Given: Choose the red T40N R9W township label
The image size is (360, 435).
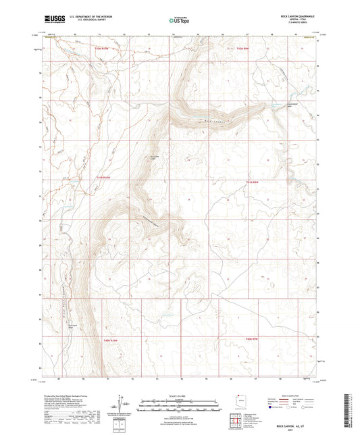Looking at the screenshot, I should pos(253,338).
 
